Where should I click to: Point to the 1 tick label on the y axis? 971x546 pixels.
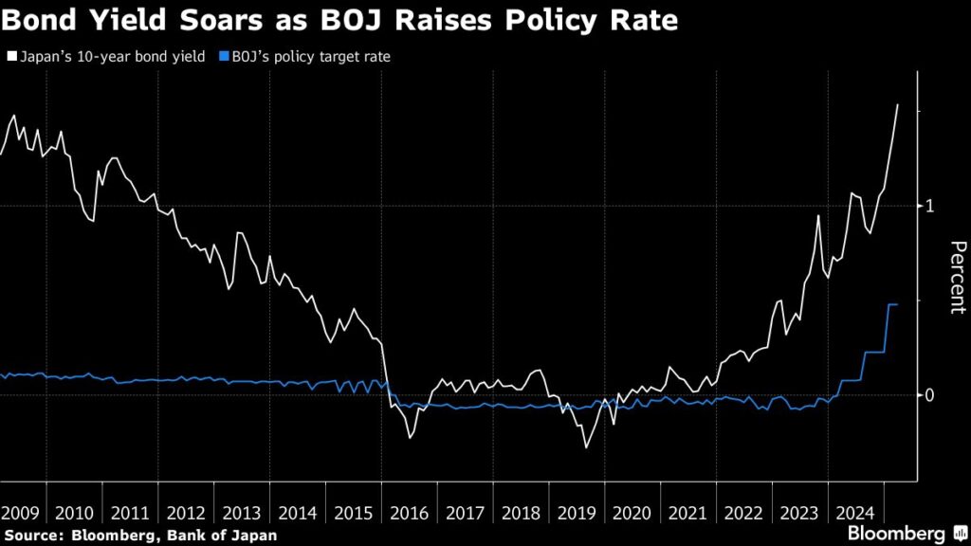(931, 206)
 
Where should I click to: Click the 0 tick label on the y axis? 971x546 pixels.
(931, 395)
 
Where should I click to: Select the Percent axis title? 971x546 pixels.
(957, 277)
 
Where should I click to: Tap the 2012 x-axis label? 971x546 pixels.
(186, 514)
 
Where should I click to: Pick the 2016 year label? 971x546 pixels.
(410, 514)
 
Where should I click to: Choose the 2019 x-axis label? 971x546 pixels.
(577, 514)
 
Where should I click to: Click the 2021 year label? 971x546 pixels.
(688, 514)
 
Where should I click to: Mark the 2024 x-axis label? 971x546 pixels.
(855, 514)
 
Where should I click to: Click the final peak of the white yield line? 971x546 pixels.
(897, 104)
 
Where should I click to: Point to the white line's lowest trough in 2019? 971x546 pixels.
(585, 447)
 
